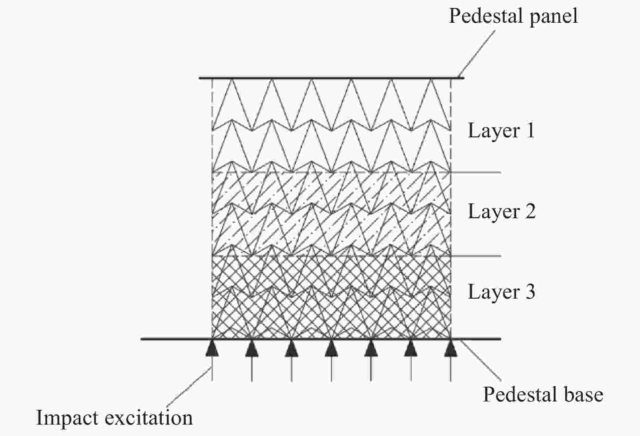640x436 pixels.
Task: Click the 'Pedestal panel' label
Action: [x=513, y=17]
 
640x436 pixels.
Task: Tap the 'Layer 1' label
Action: [x=501, y=131]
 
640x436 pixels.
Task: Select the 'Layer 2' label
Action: [x=501, y=212]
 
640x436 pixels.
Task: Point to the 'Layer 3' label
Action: [x=501, y=292]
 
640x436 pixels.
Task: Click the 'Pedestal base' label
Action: [x=543, y=395]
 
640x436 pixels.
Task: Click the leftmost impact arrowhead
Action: [x=212, y=348]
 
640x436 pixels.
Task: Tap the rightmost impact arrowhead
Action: [x=451, y=348]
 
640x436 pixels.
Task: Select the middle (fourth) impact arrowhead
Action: [x=332, y=348]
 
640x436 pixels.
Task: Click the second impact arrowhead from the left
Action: [x=252, y=348]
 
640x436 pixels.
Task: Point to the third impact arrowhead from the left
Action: [x=291, y=348]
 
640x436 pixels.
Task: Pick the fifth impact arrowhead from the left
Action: [x=371, y=348]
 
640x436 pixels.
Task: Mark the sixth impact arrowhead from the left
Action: [x=411, y=348]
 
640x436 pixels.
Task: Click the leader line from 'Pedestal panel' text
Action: [x=476, y=54]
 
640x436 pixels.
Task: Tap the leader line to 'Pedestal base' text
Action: [x=481, y=360]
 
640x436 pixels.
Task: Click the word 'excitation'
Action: [x=149, y=418]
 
